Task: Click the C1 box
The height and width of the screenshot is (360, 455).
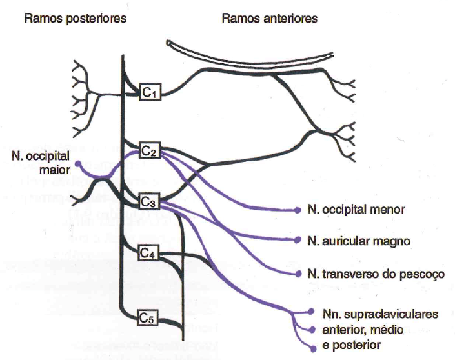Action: [150, 93]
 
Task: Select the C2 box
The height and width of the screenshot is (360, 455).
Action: [150, 152]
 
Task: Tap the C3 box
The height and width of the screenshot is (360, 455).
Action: [150, 202]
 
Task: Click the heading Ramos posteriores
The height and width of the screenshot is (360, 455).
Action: [75, 19]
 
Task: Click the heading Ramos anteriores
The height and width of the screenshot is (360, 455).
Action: [269, 19]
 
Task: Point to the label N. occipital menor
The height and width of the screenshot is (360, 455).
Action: [356, 210]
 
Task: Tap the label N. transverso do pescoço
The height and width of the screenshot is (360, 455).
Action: [376, 274]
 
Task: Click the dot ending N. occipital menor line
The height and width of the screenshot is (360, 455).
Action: [298, 210]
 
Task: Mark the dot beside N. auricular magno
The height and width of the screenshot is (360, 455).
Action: [298, 241]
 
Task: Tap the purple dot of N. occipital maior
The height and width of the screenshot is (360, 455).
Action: [79, 165]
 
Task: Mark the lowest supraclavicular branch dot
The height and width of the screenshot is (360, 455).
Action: [313, 348]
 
